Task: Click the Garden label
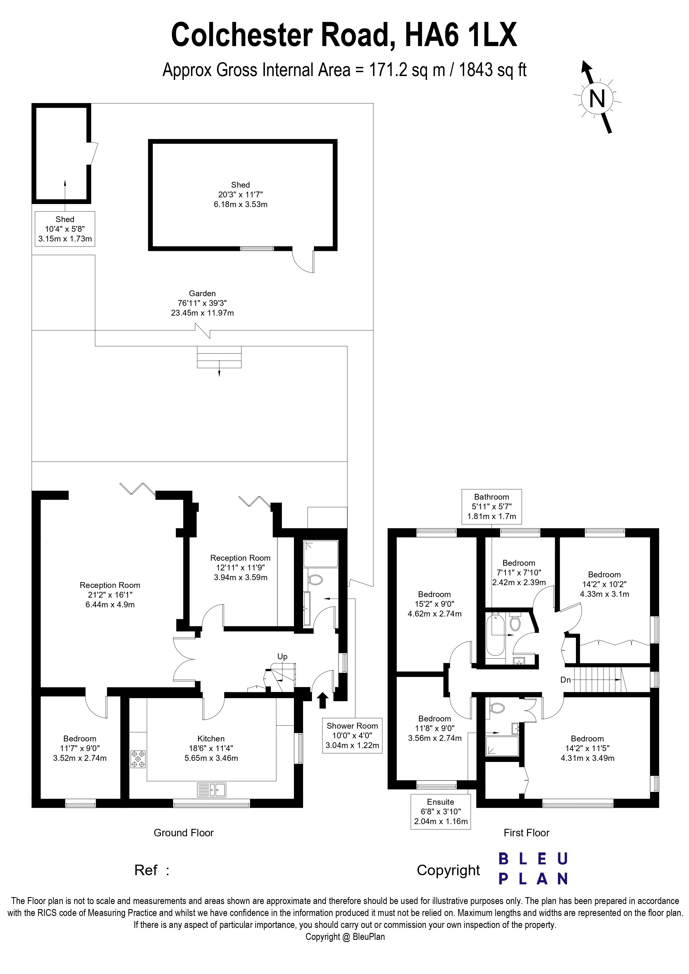[x=203, y=293]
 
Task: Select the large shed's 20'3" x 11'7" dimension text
[x=240, y=195]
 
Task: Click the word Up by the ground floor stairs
[x=282, y=656]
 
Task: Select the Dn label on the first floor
[x=565, y=679]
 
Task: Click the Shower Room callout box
[x=352, y=736]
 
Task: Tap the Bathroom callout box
[x=491, y=507]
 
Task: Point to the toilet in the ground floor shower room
[x=314, y=580]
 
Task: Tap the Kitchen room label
[x=211, y=739]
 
